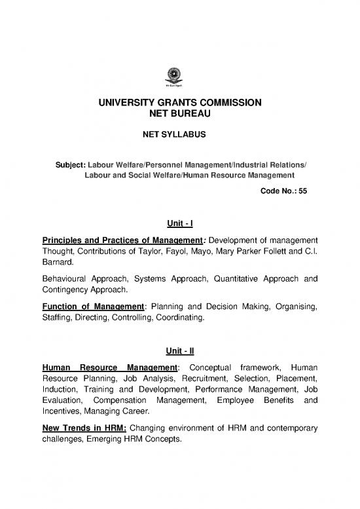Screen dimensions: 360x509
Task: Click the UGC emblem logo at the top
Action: [x=179, y=78]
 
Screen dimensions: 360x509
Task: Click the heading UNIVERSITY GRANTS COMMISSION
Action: [x=180, y=103]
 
